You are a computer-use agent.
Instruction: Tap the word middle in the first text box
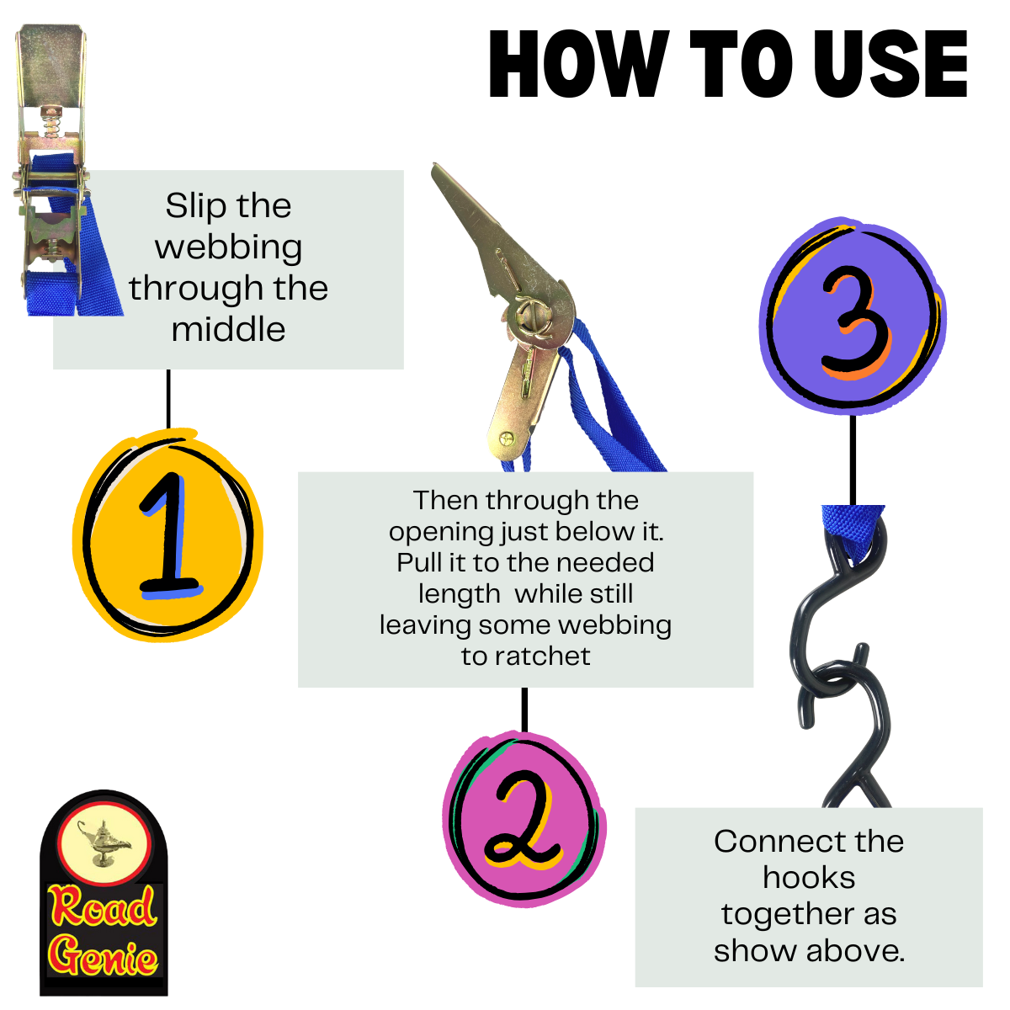coord(229,329)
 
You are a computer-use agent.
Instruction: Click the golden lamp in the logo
coord(104,844)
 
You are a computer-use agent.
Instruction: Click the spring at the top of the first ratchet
coord(51,125)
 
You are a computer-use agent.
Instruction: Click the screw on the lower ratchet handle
coord(506,437)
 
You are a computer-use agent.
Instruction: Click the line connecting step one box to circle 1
coord(168,399)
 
